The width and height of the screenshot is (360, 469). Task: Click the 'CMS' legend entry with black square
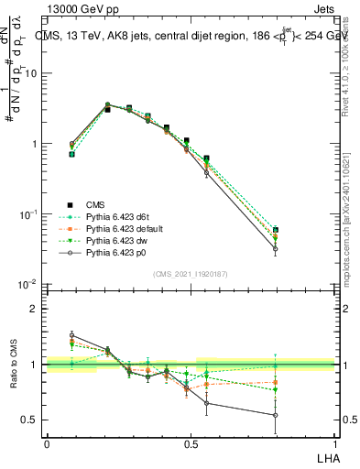(95, 205)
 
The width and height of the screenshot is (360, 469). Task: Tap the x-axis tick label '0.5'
(191, 443)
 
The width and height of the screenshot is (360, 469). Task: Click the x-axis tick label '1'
(336, 443)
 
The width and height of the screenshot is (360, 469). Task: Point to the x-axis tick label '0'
(47, 443)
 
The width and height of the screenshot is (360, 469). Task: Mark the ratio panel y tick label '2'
(33, 309)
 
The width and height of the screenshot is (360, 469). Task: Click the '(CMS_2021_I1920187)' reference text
(191, 274)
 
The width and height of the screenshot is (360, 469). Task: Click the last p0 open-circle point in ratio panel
(276, 415)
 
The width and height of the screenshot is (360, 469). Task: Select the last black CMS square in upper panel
(276, 230)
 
